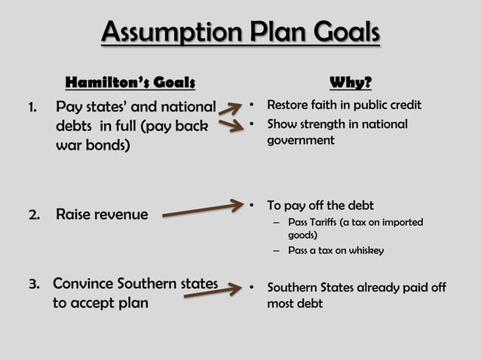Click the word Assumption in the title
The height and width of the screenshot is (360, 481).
(x=165, y=33)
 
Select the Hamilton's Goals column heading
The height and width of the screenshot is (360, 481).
(x=130, y=81)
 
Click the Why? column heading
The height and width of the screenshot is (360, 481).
(x=351, y=81)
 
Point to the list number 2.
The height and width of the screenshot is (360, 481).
(x=34, y=215)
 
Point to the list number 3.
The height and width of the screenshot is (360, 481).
(x=34, y=285)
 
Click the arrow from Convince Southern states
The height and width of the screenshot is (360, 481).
(x=213, y=291)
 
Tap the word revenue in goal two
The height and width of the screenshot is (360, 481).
(x=120, y=215)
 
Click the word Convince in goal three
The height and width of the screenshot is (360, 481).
(x=84, y=285)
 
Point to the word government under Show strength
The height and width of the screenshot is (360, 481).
(x=300, y=140)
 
